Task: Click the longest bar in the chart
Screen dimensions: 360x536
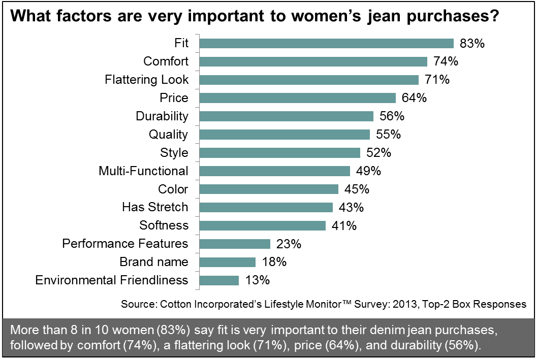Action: pyautogui.click(x=326, y=44)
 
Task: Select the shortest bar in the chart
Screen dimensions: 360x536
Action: pyautogui.click(x=219, y=281)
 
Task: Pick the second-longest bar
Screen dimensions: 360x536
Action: pyautogui.click(x=313, y=62)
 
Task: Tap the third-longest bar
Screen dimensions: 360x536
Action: pyautogui.click(x=309, y=80)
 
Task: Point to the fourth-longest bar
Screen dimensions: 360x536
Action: pyautogui.click(x=297, y=99)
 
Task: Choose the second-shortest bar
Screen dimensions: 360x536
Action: pyautogui.click(x=227, y=263)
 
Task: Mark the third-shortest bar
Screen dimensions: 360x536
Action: pyautogui.click(x=235, y=244)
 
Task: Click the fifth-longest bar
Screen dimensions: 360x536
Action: pyautogui.click(x=286, y=117)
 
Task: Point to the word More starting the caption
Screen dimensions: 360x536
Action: pyautogui.click(x=23, y=330)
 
